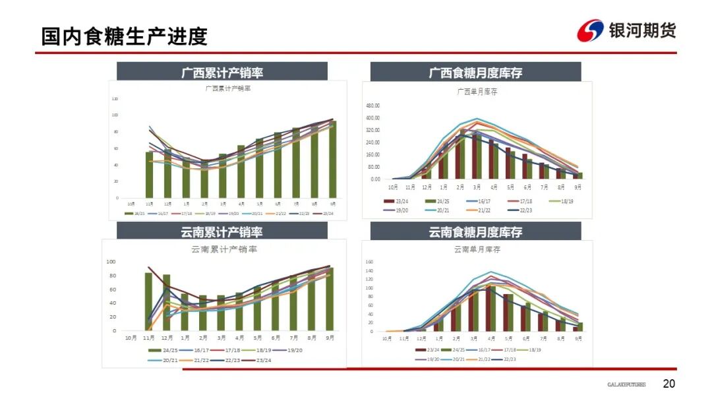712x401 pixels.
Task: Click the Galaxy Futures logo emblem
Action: [x=591, y=30]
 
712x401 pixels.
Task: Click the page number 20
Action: [x=669, y=384]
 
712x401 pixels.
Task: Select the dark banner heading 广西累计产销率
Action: [x=222, y=73]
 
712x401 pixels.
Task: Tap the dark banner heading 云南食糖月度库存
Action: [x=475, y=232]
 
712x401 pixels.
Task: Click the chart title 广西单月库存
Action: [x=477, y=92]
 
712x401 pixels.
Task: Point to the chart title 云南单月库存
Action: [x=477, y=249]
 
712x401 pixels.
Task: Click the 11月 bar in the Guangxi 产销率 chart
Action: [x=149, y=174]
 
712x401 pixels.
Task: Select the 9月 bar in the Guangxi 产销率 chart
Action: [x=332, y=159]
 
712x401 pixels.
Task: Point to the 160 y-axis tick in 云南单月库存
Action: [x=369, y=262]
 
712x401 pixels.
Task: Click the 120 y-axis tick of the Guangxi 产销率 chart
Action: [x=115, y=99]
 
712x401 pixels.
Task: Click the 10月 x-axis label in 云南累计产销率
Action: [x=131, y=338]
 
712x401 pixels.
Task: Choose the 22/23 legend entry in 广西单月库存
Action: [x=523, y=210]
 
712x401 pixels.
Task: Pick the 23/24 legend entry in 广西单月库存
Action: [x=400, y=201]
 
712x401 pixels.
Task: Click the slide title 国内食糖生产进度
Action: [x=125, y=36]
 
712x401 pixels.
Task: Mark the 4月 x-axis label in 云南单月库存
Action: [x=492, y=338]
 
